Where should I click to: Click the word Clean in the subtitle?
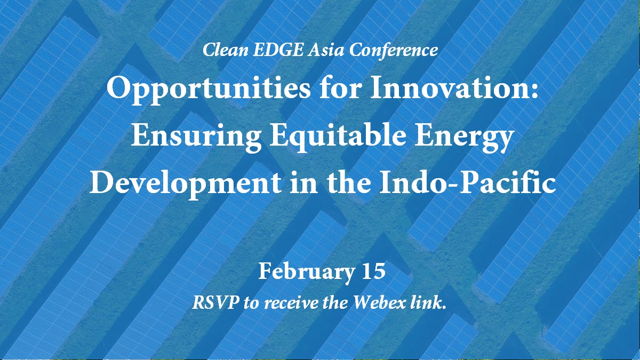226,50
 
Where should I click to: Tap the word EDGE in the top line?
278,50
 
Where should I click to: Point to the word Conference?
394,50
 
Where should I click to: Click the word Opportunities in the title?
209,89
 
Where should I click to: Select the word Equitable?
338,136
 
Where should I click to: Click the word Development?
186,183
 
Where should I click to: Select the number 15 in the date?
373,271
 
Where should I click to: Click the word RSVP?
215,302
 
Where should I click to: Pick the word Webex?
380,302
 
